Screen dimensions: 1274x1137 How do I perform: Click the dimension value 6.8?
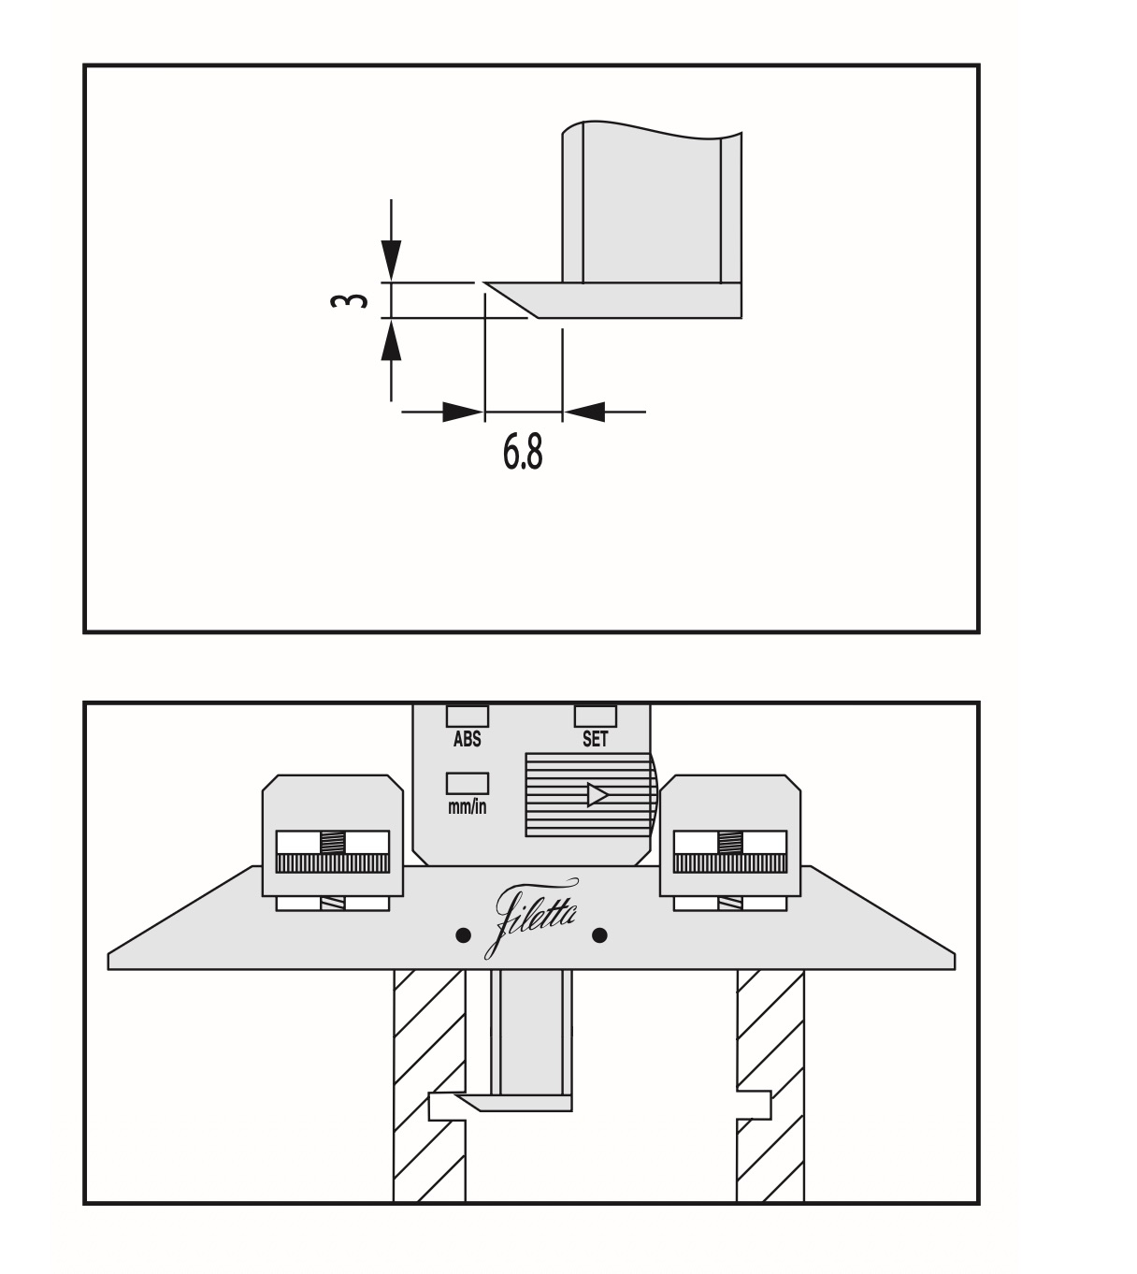pyautogui.click(x=522, y=453)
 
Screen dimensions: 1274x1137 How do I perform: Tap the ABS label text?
pyautogui.click(x=467, y=739)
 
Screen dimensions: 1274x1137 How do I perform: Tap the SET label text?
pyautogui.click(x=595, y=739)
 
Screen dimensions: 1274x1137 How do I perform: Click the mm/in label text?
pyautogui.click(x=467, y=806)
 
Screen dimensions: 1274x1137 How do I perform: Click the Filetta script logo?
pyautogui.click(x=530, y=919)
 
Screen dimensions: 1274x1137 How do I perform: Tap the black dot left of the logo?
pyautogui.click(x=462, y=934)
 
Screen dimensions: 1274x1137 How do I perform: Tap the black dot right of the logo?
pyautogui.click(x=599, y=934)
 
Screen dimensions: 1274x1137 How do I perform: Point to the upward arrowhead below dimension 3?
pyautogui.click(x=391, y=342)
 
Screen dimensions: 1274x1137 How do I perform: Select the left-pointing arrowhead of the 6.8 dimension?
pyautogui.click(x=584, y=412)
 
